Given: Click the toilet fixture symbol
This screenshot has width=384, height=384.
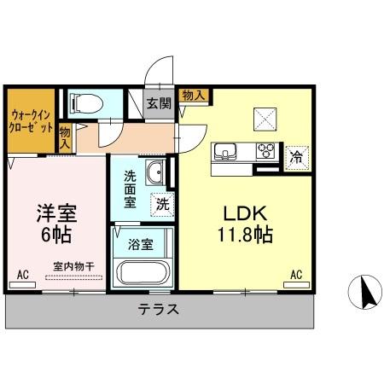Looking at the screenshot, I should click(84, 103).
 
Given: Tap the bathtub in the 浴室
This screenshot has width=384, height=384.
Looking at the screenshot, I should click(143, 272).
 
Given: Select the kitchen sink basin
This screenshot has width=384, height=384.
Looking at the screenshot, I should click(226, 152).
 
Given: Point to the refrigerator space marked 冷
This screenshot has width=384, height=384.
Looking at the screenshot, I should click(295, 157).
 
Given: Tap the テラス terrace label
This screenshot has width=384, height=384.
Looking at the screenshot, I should click(159, 310).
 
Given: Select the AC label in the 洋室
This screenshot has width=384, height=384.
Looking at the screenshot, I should click(23, 275).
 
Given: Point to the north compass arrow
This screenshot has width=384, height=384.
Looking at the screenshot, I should click(368, 294).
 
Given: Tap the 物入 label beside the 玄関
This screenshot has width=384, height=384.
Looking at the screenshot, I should click(193, 94).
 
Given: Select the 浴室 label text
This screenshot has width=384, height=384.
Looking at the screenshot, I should click(142, 244).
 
